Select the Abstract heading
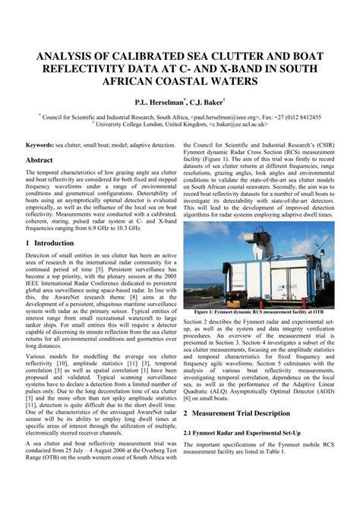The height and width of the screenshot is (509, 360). (39, 160)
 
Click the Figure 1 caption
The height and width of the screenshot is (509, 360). (258, 312)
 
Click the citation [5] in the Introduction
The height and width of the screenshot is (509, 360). (99, 268)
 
